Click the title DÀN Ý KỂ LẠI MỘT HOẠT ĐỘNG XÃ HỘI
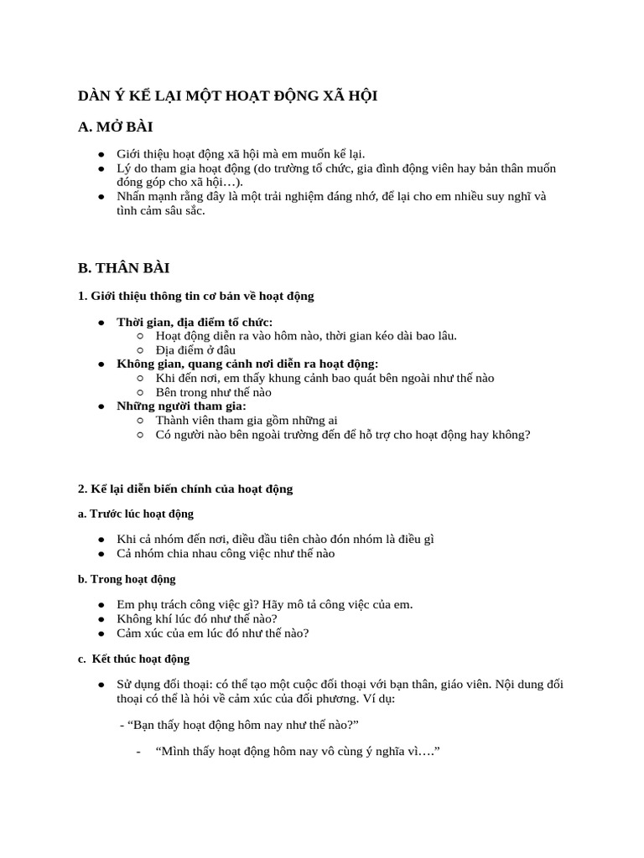click(x=228, y=96)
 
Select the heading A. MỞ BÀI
click(x=116, y=127)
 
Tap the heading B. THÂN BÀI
click(x=124, y=268)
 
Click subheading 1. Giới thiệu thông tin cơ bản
click(x=196, y=296)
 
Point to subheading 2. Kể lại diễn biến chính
click(x=185, y=488)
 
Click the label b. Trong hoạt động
click(x=127, y=579)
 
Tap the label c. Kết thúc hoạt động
click(x=134, y=659)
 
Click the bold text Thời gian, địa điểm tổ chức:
click(x=195, y=323)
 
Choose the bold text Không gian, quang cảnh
click(x=247, y=364)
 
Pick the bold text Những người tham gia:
click(x=181, y=406)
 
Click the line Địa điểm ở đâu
click(x=195, y=350)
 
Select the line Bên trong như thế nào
click(x=214, y=391)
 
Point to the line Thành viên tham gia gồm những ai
click(x=247, y=420)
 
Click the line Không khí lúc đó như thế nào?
click(x=197, y=618)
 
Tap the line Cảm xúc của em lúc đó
click(x=213, y=633)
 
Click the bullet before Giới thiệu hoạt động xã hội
click(x=101, y=155)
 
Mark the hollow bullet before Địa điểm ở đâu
click(x=140, y=350)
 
